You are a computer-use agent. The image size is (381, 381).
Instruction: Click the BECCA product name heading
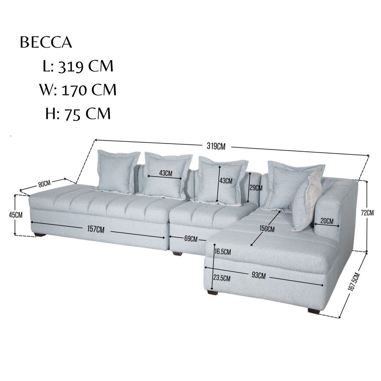point(46,42)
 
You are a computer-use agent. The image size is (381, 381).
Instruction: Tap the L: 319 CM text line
point(78,66)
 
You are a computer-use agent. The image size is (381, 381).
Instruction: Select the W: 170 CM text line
point(78,90)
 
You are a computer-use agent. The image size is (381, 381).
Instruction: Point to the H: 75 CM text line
point(78,114)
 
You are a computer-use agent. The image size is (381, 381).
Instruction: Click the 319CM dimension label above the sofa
point(216,147)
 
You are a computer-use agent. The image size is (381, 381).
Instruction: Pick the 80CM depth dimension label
point(45,184)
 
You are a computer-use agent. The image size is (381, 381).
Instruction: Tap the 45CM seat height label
point(16,215)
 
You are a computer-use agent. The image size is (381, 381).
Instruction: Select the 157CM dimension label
point(96,229)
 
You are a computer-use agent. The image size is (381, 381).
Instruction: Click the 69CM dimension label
point(191,239)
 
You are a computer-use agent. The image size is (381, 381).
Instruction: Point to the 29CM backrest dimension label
point(256,188)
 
